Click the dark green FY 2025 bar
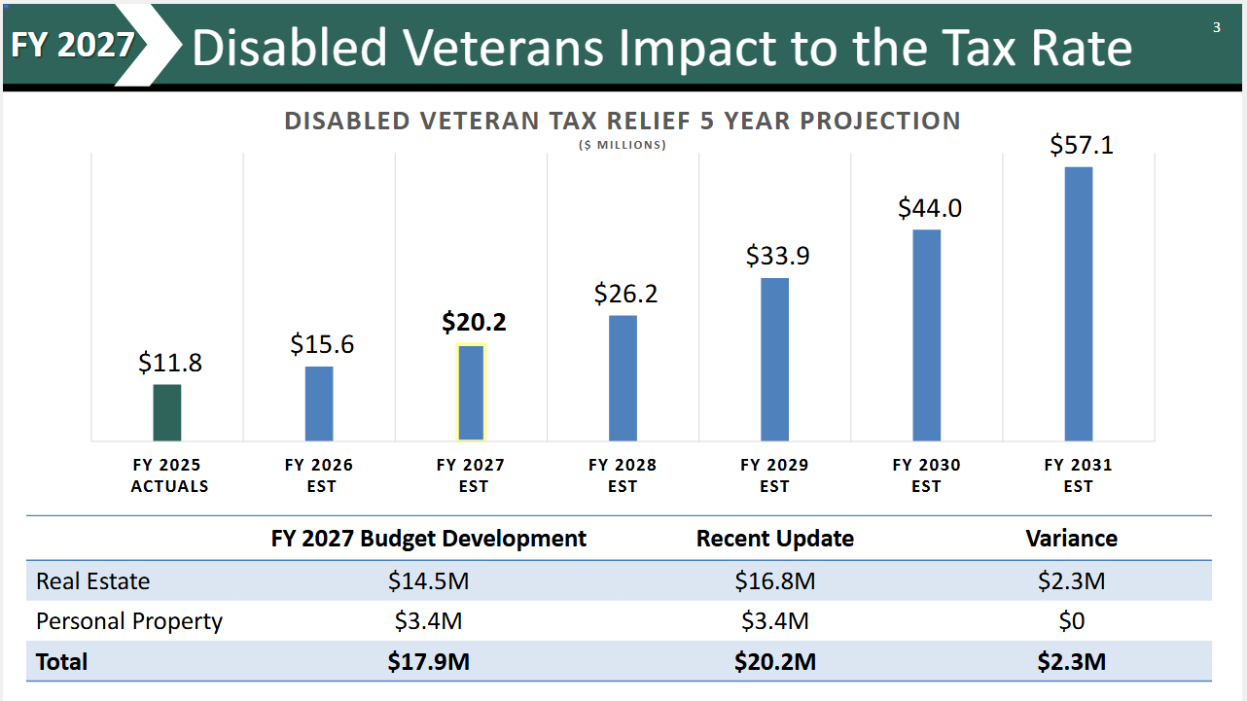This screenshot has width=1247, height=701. click(167, 412)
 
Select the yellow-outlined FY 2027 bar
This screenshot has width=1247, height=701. click(472, 393)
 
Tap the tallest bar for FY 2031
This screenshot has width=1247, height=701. click(1079, 303)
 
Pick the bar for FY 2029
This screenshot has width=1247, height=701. click(775, 359)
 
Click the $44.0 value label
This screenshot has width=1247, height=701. click(929, 208)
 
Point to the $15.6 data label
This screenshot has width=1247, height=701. click(321, 344)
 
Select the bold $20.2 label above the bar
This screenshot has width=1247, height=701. click(474, 322)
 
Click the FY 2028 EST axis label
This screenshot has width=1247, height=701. click(623, 475)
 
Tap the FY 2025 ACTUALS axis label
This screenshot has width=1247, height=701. click(169, 475)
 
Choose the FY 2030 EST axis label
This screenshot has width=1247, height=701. click(926, 475)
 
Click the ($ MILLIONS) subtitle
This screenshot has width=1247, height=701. click(623, 145)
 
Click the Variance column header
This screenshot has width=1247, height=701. click(1071, 539)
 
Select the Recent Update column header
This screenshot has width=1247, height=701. click(774, 539)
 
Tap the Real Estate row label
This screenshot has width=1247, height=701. click(93, 581)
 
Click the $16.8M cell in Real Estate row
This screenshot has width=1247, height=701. click(774, 581)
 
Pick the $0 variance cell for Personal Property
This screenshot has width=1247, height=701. click(1071, 621)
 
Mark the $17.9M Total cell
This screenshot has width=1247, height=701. click(428, 662)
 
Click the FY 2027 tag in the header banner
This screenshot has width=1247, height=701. click(73, 45)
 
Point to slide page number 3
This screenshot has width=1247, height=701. click(1216, 27)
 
